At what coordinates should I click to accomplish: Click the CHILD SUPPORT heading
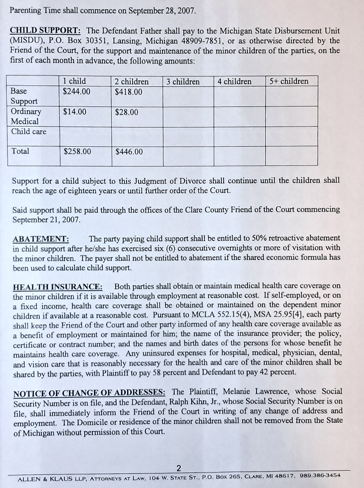(x=46, y=31)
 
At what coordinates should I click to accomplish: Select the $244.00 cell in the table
(x=76, y=91)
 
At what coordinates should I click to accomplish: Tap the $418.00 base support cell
(x=128, y=92)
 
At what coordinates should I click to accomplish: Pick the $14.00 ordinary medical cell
(x=75, y=111)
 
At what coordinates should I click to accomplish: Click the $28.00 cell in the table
(x=126, y=112)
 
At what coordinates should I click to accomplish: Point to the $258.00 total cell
(x=77, y=151)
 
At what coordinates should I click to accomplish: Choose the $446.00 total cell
(x=129, y=152)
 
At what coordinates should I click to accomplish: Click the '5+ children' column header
(x=289, y=82)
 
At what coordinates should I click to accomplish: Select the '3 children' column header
(x=183, y=82)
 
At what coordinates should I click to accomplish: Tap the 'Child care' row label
(x=29, y=132)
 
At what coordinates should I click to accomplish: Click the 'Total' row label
(x=20, y=151)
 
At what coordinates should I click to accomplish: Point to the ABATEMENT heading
(x=41, y=239)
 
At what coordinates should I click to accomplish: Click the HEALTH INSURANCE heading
(x=58, y=287)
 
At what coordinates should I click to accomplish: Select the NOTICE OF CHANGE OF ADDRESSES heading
(x=90, y=393)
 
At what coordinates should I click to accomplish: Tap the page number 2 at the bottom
(x=179, y=468)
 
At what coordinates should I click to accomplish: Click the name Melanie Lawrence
(x=257, y=392)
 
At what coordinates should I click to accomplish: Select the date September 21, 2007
(x=46, y=219)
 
